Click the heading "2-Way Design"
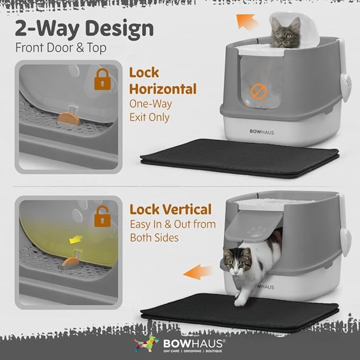(84, 28)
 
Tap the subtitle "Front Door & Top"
(60, 47)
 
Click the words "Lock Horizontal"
(163, 81)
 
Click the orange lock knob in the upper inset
(70, 119)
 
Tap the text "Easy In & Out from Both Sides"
(173, 231)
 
